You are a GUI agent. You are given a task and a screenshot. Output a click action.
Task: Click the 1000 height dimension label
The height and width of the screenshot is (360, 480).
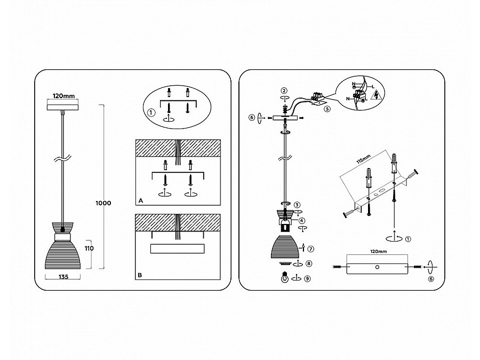[103, 203]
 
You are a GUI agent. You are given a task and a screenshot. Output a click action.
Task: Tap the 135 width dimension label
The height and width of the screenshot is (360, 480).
[63, 277]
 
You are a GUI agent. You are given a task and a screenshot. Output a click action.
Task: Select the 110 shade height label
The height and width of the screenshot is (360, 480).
[89, 248]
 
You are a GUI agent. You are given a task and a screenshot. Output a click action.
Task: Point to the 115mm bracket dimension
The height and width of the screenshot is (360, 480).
[363, 159]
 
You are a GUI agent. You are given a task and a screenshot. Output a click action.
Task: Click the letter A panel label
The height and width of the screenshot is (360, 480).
[141, 201]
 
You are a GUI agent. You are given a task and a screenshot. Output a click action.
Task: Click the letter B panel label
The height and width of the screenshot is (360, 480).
[140, 275]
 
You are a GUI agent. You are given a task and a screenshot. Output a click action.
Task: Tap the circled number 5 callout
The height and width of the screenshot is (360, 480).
[327, 109]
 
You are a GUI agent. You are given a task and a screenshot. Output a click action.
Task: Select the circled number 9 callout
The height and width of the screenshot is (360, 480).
[307, 278]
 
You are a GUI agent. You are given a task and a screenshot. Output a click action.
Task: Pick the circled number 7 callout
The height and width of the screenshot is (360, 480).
[311, 249]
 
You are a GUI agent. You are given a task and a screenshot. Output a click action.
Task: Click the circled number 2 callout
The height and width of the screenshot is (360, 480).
[284, 91]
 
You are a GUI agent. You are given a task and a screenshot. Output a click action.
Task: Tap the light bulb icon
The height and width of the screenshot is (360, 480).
[285, 277]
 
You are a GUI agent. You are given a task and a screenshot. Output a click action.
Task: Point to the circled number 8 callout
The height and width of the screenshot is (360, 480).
[309, 263]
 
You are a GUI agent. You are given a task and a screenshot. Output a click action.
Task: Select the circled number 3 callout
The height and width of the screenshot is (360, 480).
[297, 205]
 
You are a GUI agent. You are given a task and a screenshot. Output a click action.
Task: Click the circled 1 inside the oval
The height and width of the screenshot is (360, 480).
[151, 113]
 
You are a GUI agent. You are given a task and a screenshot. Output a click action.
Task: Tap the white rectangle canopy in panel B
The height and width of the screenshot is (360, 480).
[177, 249]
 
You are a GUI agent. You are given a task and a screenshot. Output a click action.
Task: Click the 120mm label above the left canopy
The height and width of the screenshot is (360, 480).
[63, 96]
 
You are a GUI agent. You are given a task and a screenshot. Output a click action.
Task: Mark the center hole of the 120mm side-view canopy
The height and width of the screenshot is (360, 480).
[377, 267]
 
